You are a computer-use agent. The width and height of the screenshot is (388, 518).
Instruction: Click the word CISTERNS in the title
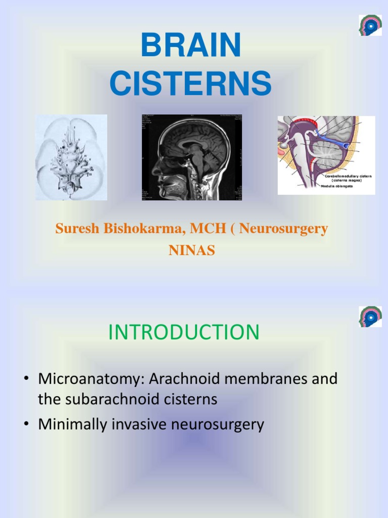click(x=191, y=83)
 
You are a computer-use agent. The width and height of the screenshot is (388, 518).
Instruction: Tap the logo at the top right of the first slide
click(x=370, y=25)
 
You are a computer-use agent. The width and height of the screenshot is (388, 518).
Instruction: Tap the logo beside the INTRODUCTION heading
click(x=370, y=317)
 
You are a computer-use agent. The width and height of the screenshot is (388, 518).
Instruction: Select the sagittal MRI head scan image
click(x=192, y=157)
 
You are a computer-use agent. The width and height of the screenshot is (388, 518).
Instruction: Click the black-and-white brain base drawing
click(x=71, y=157)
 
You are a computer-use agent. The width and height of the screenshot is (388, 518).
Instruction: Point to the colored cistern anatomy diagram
click(x=326, y=155)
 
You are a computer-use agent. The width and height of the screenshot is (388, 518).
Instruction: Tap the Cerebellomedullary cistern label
click(x=348, y=176)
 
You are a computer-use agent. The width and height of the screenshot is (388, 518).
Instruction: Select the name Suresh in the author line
click(x=76, y=229)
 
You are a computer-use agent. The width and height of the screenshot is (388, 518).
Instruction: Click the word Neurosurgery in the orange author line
click(x=283, y=229)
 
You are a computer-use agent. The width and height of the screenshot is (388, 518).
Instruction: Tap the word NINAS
click(x=191, y=250)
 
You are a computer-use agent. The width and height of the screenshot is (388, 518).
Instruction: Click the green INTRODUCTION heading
click(x=184, y=332)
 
